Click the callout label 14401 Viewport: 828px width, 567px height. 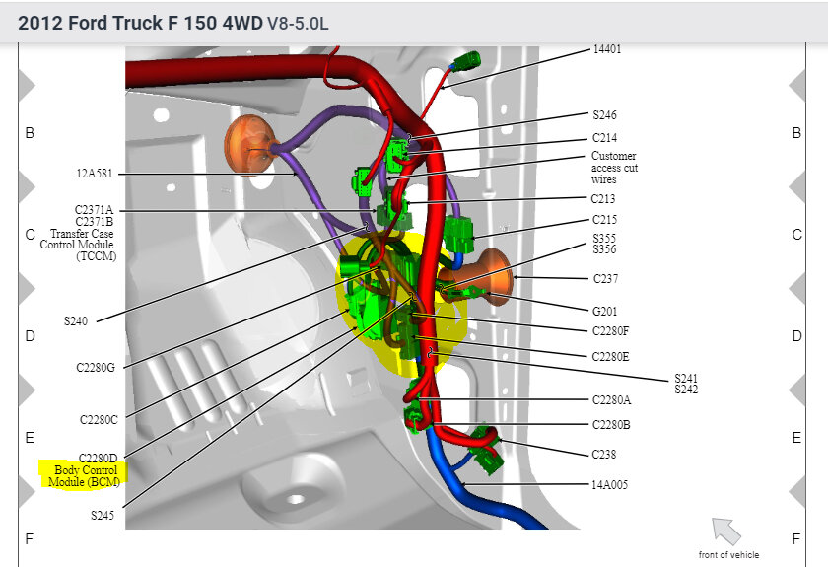[x=607, y=49]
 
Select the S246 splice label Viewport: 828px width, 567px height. [x=604, y=114]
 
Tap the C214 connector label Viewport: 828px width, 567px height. [x=604, y=138]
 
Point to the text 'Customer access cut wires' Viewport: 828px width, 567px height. [x=614, y=168]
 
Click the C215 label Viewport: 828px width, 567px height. [x=604, y=219]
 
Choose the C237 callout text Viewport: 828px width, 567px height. [x=605, y=278]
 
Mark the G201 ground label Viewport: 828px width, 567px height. [x=604, y=312]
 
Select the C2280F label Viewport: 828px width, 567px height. [x=610, y=331]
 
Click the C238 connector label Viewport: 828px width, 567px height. [x=603, y=454]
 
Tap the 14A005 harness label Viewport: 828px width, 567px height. [x=609, y=484]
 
